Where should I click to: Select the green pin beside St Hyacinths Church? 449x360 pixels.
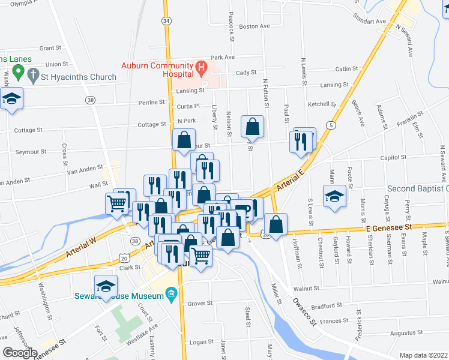(x=18, y=73)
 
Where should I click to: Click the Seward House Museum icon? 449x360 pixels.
(x=172, y=294)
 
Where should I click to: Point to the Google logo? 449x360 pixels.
(x=20, y=353)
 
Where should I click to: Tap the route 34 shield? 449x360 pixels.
(x=166, y=20)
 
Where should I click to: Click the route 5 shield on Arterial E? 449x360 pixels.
(x=331, y=125)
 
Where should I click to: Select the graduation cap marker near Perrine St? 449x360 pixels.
(x=11, y=98)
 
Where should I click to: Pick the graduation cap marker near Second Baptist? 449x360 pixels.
(x=334, y=196)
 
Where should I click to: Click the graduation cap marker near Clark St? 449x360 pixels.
(x=106, y=286)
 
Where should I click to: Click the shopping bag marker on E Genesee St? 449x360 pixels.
(x=276, y=224)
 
